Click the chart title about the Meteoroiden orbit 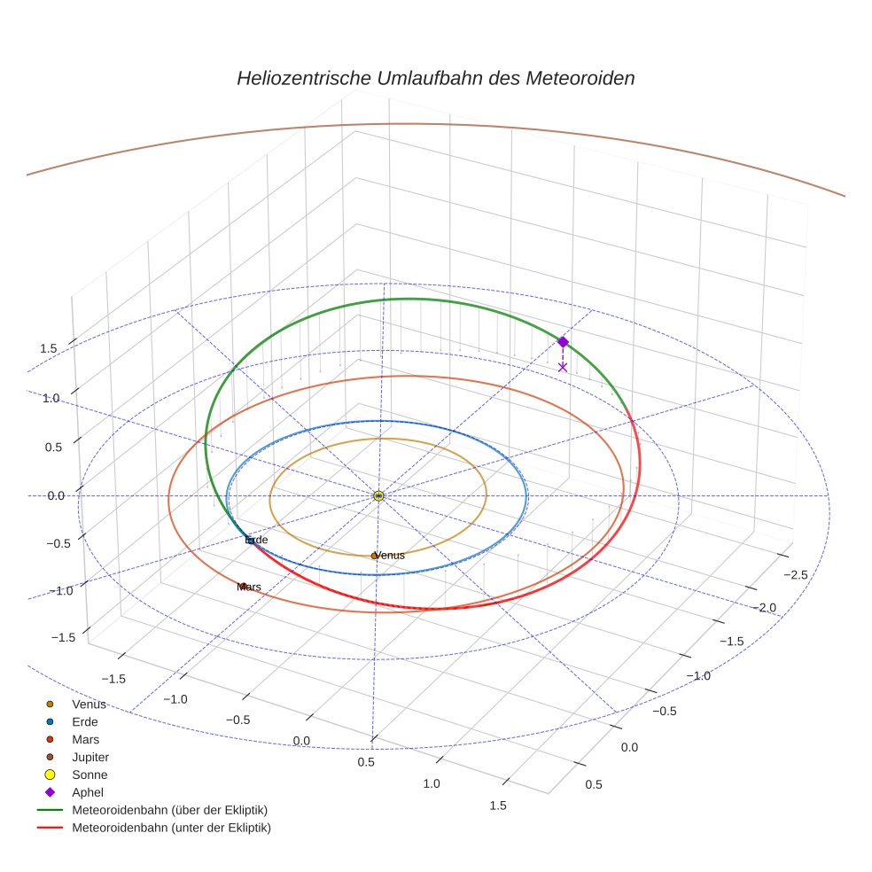point(435,78)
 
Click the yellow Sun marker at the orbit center point(378,495)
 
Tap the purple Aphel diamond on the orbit point(563,341)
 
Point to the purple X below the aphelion point(563,366)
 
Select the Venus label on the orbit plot point(388,556)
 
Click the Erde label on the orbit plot point(256,540)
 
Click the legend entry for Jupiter point(90,757)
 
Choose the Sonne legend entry point(90,775)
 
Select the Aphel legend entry point(88,792)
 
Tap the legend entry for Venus point(89,705)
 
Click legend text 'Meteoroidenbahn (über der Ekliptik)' point(169,810)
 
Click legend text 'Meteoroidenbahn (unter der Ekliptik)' point(171,828)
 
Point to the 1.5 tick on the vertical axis point(49,348)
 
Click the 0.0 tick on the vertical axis point(55,495)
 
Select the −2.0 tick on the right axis point(767,608)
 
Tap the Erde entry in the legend point(85,721)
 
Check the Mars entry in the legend point(85,739)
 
